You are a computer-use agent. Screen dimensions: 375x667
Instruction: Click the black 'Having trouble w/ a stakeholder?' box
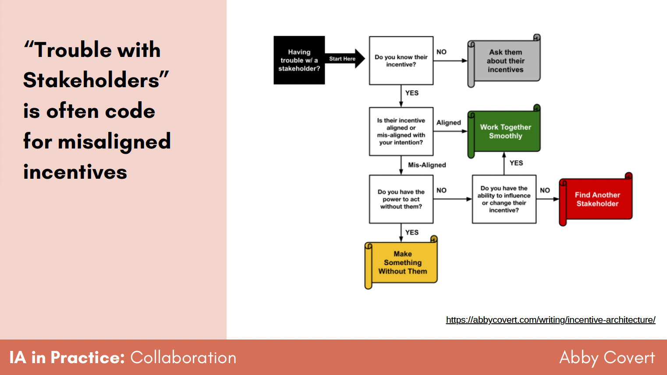point(299,60)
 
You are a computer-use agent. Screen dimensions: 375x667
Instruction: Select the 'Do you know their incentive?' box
point(401,60)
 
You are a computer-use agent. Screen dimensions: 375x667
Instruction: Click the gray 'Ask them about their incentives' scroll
point(505,61)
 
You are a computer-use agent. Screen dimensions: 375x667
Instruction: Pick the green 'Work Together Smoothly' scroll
point(505,131)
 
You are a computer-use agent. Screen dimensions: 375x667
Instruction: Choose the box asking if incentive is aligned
point(401,131)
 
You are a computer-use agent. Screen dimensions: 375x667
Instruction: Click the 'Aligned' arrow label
point(448,123)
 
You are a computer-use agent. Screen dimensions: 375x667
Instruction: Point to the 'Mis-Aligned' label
point(427,165)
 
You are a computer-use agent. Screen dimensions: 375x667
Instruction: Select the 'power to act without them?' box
point(401,199)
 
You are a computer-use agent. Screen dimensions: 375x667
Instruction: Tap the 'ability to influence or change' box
point(504,199)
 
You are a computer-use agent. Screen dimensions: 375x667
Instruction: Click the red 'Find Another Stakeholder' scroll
point(597,199)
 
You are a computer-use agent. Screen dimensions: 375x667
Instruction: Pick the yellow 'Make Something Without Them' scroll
point(402,263)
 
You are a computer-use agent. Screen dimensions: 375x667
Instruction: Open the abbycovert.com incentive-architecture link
point(550,320)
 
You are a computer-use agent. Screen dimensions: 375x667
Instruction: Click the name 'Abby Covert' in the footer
point(607,358)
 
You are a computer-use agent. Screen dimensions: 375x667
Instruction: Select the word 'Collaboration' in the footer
point(183,358)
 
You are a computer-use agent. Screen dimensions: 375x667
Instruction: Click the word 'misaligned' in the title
point(114,142)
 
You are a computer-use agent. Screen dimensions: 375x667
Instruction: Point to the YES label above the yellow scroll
point(412,232)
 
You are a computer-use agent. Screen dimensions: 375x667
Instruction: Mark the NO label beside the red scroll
point(545,190)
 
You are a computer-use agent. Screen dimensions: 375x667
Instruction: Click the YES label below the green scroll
point(516,163)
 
